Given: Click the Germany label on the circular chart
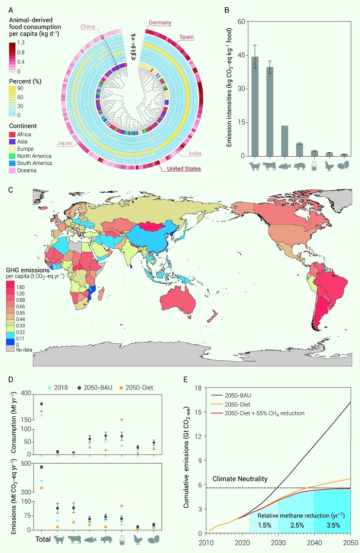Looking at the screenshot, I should coord(160,23).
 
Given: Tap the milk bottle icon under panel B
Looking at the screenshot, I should coord(315,167).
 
